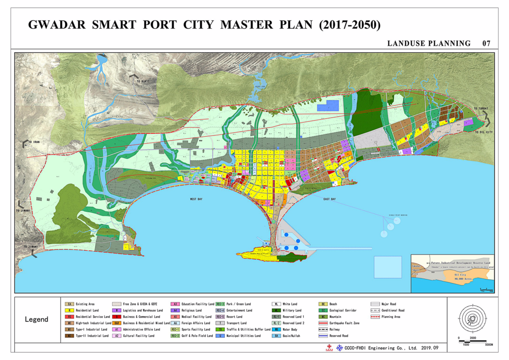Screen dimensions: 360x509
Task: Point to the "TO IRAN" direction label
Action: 34,143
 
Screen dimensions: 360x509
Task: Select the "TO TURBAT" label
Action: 481,108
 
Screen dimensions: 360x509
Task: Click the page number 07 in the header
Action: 486,44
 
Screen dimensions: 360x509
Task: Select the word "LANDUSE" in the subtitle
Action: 404,44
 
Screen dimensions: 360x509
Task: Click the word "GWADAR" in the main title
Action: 56,25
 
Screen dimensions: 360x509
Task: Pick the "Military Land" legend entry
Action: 292,310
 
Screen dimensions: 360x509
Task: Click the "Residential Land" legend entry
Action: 87,310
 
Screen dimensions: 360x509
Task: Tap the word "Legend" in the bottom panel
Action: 37,319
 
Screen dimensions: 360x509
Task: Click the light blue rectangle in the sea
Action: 387,267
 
